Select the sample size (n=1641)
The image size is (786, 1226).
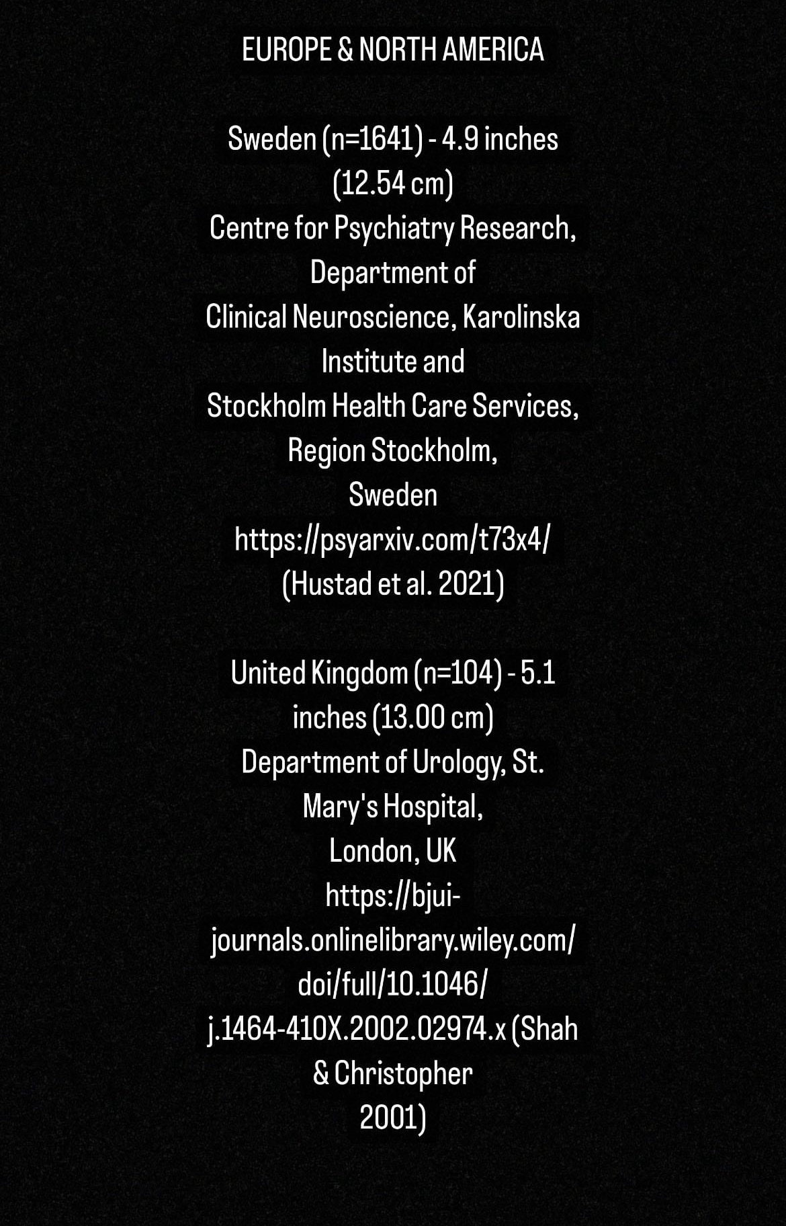373,139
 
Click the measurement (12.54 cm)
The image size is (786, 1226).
393,183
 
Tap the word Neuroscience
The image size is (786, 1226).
372,317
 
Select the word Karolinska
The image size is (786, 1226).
521,317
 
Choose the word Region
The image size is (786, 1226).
326,451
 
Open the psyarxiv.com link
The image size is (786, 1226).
393,540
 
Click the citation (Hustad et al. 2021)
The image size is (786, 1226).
393,584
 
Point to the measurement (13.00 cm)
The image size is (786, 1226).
433,718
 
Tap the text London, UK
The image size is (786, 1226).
393,852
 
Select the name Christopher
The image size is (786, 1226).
403,1074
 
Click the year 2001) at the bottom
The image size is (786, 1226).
393,1118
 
